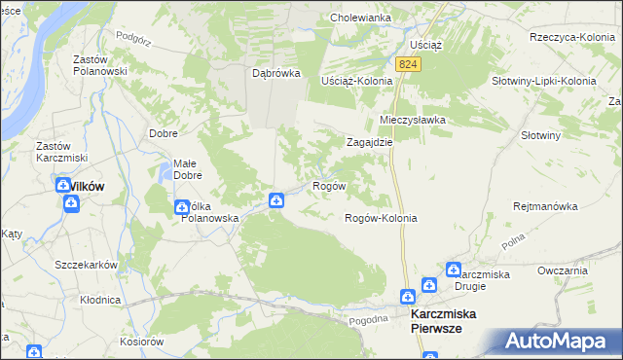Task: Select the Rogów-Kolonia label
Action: pos(381,218)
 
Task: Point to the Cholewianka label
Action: pos(360,18)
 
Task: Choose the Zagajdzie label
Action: pos(370,141)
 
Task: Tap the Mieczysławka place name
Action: pos(412,120)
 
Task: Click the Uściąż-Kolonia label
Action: pos(356,80)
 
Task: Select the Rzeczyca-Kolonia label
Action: pos(567,36)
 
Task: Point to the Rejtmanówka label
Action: pos(546,206)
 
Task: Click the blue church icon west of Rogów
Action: pos(276,200)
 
